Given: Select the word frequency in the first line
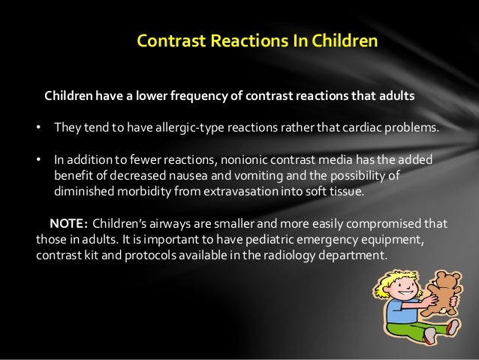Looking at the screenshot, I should [x=182, y=97].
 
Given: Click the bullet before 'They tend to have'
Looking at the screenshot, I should [x=39, y=129].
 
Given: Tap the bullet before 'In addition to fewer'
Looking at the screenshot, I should [x=39, y=161].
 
